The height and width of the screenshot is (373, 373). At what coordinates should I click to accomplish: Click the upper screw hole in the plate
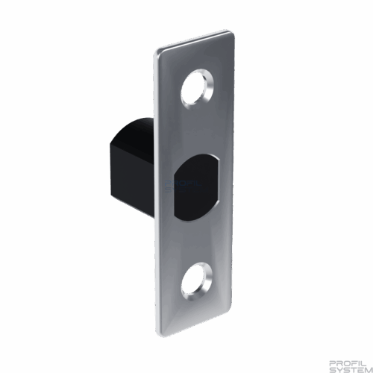tap(196, 90)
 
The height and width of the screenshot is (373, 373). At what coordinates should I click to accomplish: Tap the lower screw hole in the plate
tap(196, 283)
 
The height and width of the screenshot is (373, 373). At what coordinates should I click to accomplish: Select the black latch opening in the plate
tap(196, 187)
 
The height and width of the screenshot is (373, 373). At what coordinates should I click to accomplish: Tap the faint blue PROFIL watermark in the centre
tap(184, 184)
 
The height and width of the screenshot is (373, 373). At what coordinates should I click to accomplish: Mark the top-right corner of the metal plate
tap(233, 33)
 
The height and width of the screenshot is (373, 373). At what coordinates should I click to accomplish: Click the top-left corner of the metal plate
tap(157, 51)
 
